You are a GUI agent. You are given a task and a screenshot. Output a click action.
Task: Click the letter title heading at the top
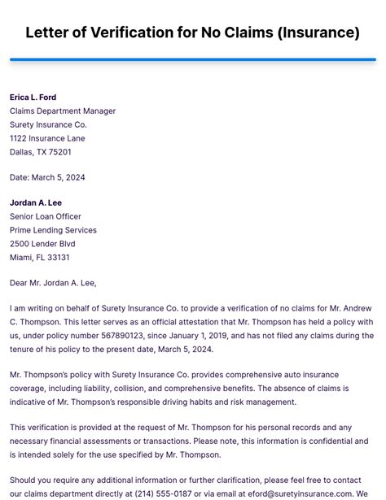192,33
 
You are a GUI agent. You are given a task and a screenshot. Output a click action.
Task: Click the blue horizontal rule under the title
192,59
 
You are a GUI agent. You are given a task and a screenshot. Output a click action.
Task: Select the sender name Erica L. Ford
33,98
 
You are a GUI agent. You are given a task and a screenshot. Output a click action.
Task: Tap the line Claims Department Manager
63,111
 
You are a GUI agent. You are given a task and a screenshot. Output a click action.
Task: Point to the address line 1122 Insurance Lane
47,138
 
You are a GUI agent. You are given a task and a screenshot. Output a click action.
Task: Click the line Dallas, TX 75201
41,152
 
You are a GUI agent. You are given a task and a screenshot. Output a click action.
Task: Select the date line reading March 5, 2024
47,177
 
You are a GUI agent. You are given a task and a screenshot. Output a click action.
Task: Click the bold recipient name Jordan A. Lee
36,202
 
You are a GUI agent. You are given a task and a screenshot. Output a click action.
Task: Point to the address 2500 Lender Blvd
42,244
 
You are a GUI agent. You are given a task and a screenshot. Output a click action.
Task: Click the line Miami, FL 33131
39,258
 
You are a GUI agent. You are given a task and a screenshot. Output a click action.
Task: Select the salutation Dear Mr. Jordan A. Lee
53,283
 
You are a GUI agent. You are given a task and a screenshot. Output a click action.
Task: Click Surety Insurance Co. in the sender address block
48,125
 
